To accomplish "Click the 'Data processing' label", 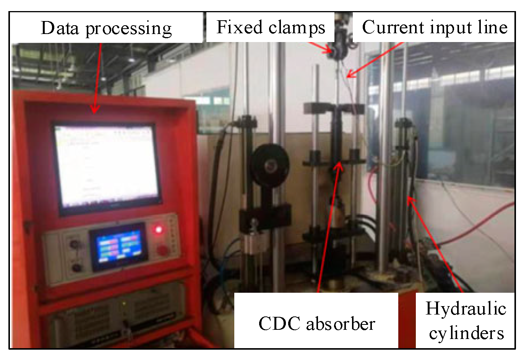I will point(106,28).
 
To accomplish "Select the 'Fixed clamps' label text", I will point(271,28).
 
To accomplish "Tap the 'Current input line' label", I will point(435,28).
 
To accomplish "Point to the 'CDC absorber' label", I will point(316,324).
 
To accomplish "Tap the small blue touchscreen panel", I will point(118,246).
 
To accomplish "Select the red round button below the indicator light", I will point(162,250).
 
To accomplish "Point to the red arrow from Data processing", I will point(97,76).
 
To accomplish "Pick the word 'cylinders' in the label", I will point(466,333).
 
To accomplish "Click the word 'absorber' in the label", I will point(341,324).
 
